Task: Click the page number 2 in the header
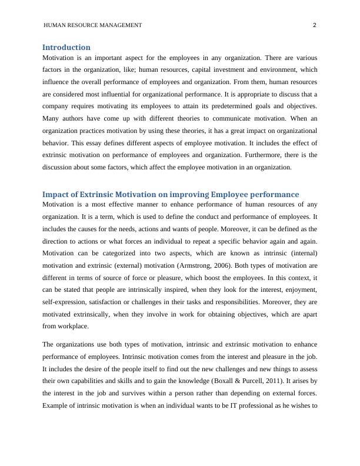(315, 25)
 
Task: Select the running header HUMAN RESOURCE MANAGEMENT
(93, 25)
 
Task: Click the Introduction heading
(66, 47)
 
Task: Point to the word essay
(108, 143)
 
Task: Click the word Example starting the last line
(56, 406)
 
